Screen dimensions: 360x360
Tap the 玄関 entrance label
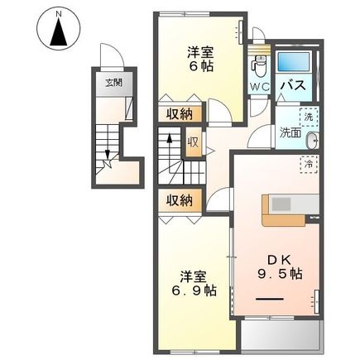[112, 83]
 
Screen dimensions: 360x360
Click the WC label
[258, 85]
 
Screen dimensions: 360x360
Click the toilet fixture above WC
[259, 63]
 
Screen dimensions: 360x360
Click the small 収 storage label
[192, 142]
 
